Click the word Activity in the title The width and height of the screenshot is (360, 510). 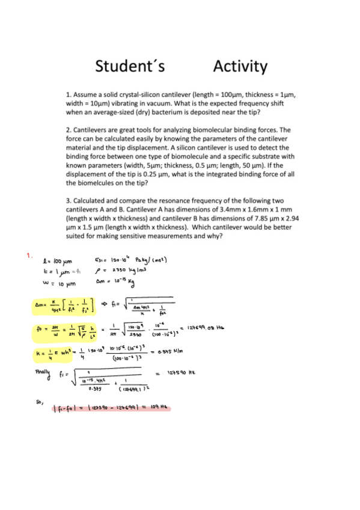[x=240, y=66]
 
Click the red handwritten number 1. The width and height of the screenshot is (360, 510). [x=28, y=255]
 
